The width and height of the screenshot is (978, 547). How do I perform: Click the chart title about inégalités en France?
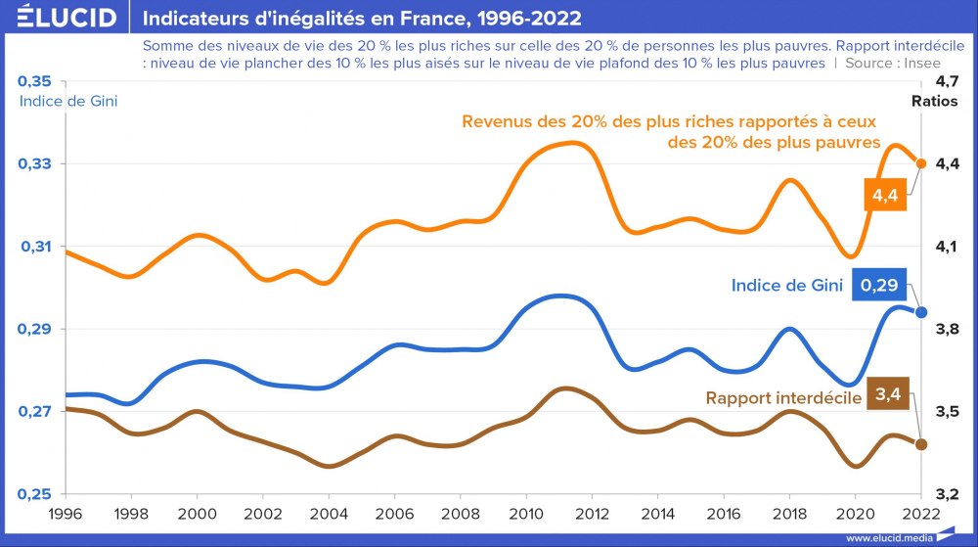tap(362, 18)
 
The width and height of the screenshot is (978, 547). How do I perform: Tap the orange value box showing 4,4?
tap(884, 196)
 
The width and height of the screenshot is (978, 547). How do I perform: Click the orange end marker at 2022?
tap(920, 163)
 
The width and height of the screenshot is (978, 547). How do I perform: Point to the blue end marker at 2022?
tap(920, 312)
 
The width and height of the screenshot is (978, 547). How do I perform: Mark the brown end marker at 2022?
tap(920, 444)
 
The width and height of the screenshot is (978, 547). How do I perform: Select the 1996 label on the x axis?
tap(65, 513)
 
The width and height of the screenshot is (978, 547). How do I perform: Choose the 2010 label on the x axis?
tap(525, 513)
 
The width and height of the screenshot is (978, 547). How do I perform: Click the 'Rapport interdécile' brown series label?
tap(783, 398)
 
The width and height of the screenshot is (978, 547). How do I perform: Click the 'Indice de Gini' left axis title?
tap(68, 101)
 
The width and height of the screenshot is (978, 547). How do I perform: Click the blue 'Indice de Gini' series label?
tap(787, 286)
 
